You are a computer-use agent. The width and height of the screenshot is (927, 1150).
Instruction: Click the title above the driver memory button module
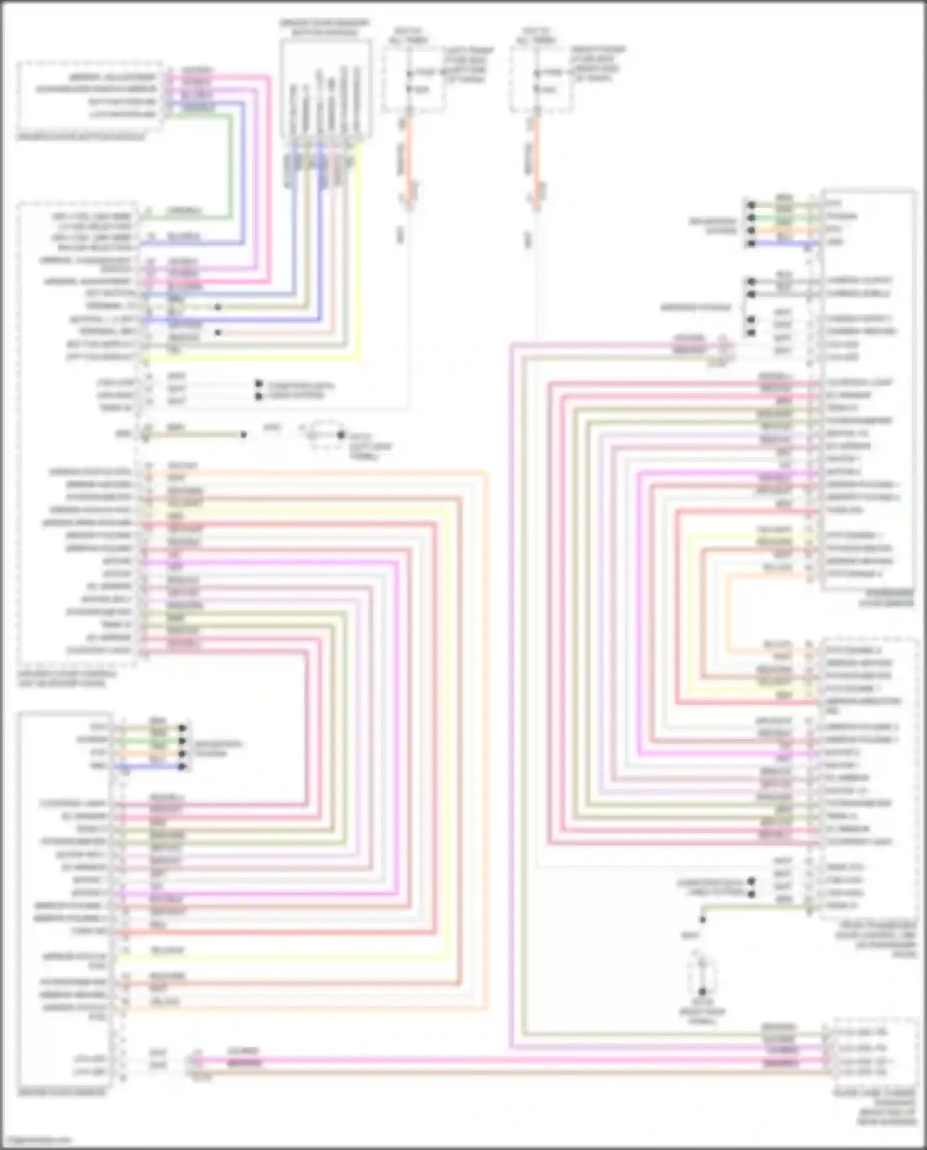(325, 27)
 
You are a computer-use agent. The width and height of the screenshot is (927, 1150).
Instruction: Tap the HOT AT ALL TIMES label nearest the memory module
(407, 35)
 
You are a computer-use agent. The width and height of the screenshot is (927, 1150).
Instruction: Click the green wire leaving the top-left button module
(231, 167)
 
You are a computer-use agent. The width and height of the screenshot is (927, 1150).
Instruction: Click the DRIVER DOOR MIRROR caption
(61, 1093)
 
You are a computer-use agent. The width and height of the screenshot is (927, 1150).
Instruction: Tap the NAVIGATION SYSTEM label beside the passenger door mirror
(714, 226)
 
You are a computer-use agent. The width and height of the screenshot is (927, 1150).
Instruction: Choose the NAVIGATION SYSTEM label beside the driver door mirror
(218, 748)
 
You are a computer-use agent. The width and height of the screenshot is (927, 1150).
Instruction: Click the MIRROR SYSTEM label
(696, 307)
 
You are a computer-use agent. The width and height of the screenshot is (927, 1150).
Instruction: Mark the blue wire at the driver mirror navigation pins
(151, 766)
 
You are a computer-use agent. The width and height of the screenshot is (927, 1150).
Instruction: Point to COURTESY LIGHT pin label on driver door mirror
(74, 803)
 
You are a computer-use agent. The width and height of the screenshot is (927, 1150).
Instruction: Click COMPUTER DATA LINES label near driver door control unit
(300, 390)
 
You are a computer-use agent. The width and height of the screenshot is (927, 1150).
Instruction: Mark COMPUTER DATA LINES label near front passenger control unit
(711, 887)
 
